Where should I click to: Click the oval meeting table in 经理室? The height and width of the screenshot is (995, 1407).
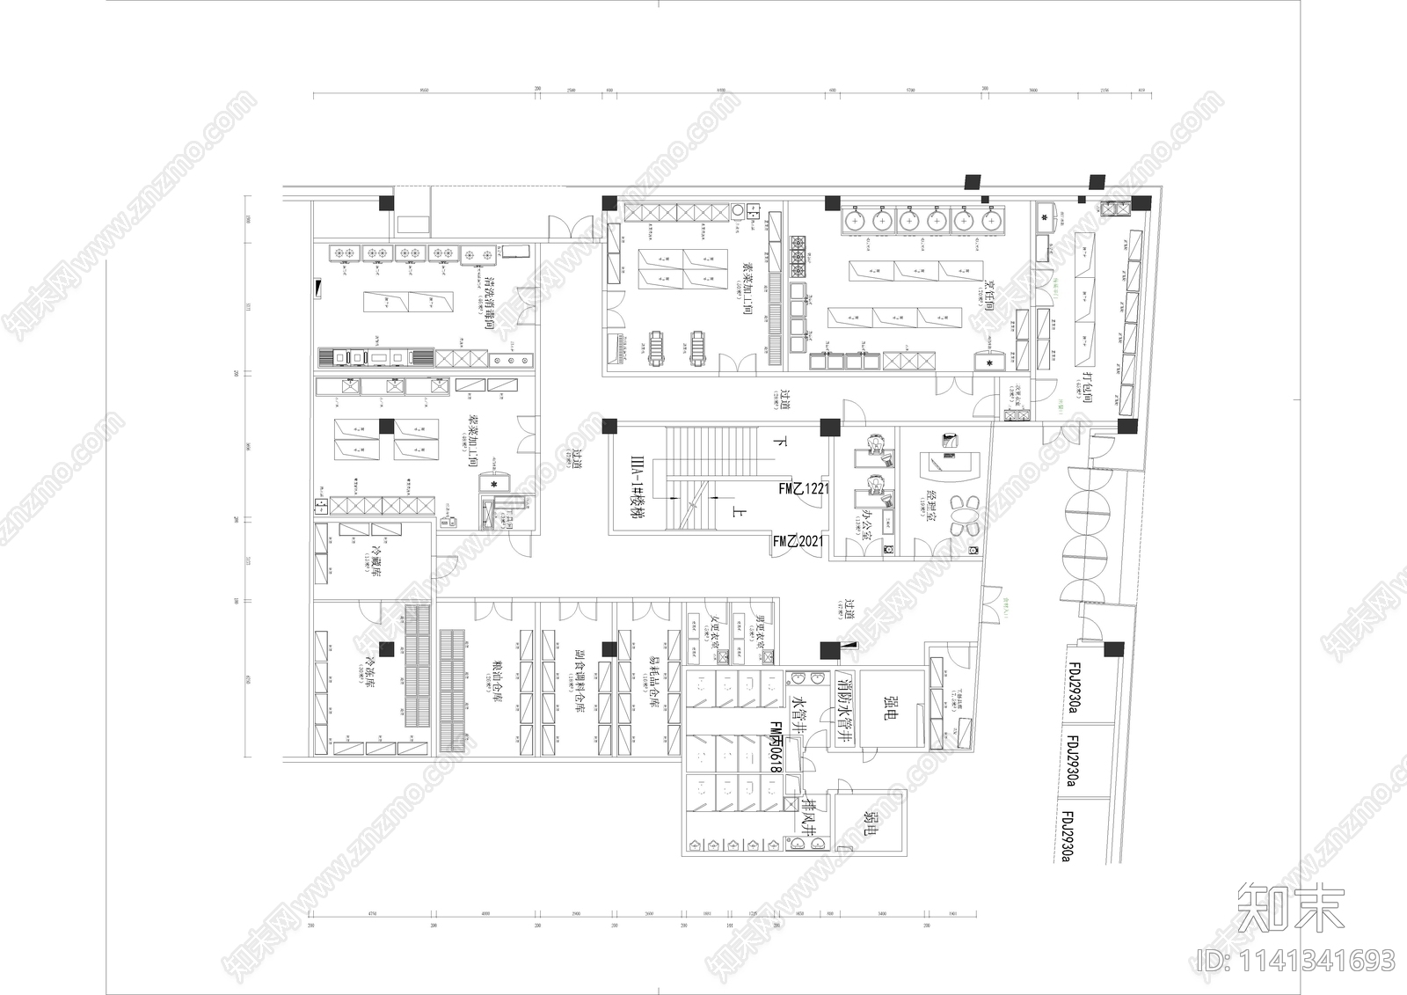click(x=968, y=514)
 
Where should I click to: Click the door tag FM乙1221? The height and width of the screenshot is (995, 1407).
click(x=803, y=488)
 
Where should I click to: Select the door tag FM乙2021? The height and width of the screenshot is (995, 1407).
click(x=798, y=541)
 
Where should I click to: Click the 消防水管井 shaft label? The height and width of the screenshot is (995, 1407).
click(x=845, y=709)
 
